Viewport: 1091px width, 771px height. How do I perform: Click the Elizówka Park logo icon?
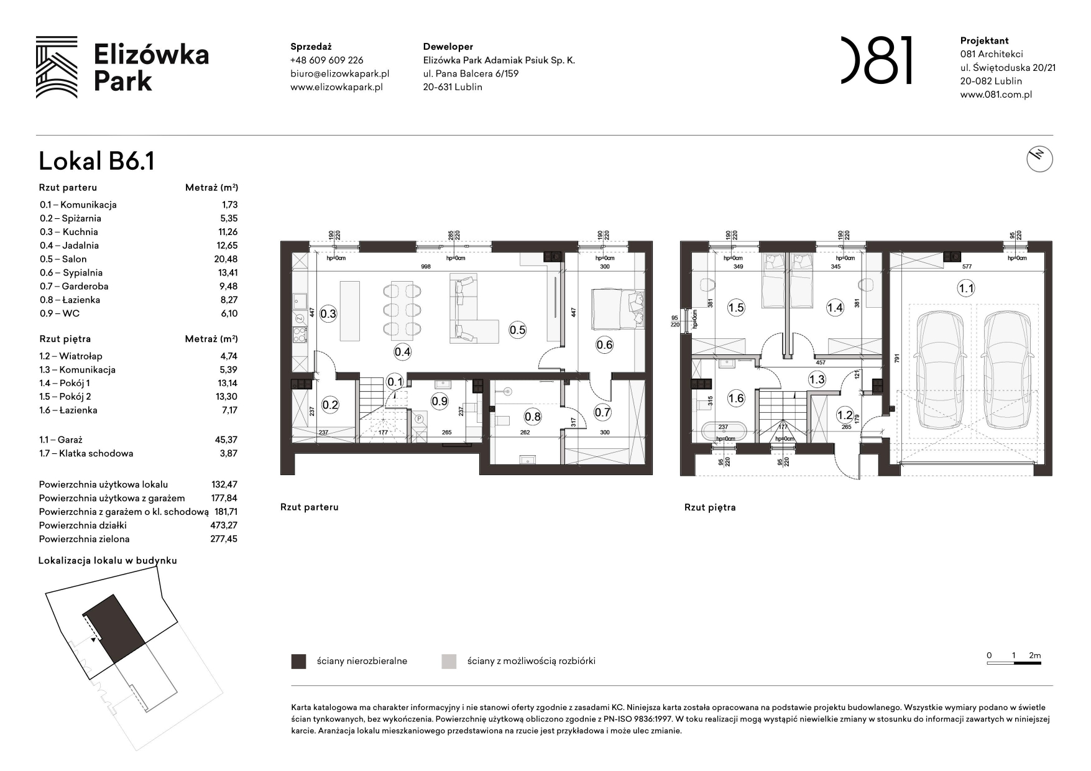pyautogui.click(x=57, y=67)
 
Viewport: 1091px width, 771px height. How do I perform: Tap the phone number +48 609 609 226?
pyautogui.click(x=326, y=60)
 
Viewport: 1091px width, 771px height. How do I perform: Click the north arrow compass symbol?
pyautogui.click(x=1039, y=159)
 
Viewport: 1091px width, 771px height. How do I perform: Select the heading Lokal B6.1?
pyautogui.click(x=96, y=161)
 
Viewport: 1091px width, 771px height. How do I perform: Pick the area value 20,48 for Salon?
pyautogui.click(x=226, y=259)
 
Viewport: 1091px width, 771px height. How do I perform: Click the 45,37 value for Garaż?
pyautogui.click(x=226, y=440)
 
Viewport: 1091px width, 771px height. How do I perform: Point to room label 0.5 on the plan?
pyautogui.click(x=517, y=330)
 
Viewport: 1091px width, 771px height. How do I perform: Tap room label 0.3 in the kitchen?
pyautogui.click(x=328, y=314)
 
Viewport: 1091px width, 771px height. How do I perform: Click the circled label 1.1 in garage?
pyautogui.click(x=965, y=288)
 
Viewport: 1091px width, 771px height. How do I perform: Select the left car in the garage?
pyautogui.click(x=940, y=369)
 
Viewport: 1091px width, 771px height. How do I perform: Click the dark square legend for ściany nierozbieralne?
pyautogui.click(x=298, y=662)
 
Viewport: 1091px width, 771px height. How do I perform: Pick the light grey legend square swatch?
pyautogui.click(x=449, y=662)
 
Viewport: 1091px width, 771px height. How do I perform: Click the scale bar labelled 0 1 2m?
pyautogui.click(x=1014, y=663)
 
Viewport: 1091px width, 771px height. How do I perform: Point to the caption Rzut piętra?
pyautogui.click(x=710, y=507)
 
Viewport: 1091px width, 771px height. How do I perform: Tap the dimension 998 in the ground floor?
pyautogui.click(x=425, y=267)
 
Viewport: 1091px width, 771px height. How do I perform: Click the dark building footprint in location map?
pyautogui.click(x=114, y=628)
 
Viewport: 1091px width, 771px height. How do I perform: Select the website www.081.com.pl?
pyautogui.click(x=996, y=95)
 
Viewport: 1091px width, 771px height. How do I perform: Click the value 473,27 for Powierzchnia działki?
pyautogui.click(x=223, y=525)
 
